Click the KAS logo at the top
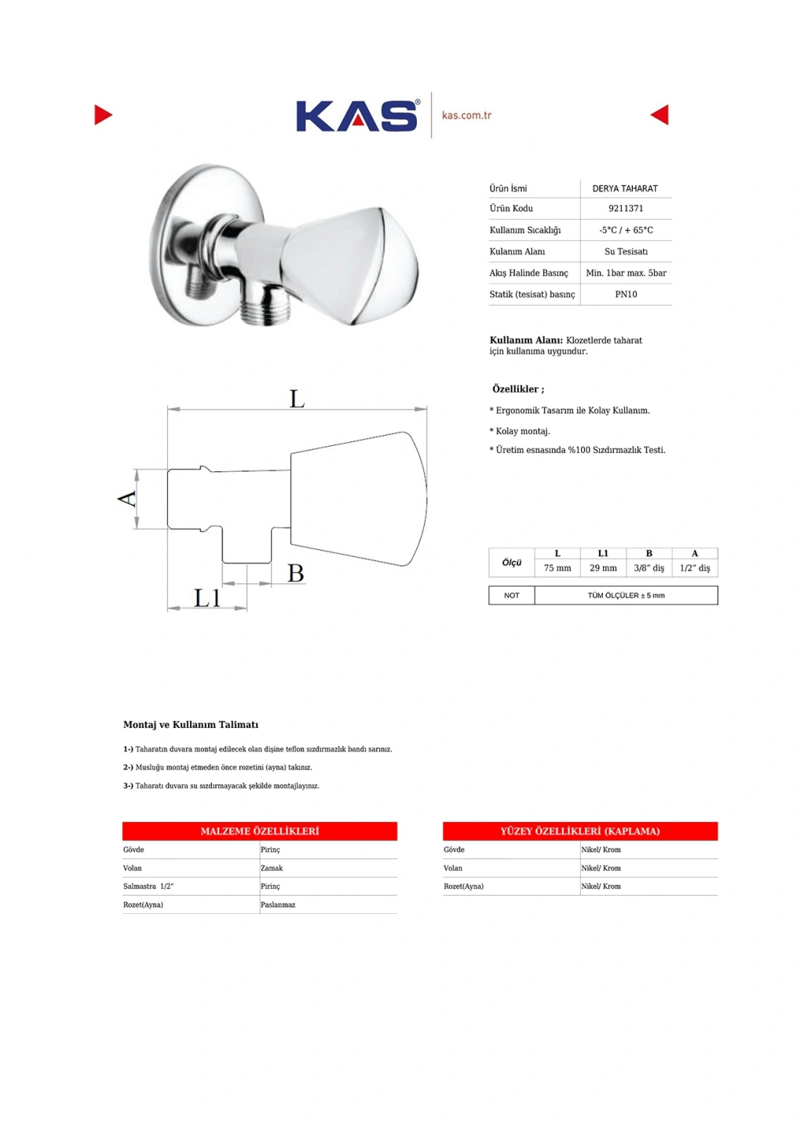point(356,116)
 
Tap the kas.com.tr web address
point(466,115)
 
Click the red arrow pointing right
point(103,115)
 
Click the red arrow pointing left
point(660,115)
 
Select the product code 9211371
point(626,209)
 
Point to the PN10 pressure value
point(626,294)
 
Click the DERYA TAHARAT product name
point(625,188)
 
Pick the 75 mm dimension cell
point(557,568)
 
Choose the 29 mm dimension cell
point(603,568)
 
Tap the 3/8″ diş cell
point(649,568)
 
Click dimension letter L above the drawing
point(297,399)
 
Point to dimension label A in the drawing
point(127,498)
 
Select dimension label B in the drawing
point(295,573)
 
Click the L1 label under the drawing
point(207,598)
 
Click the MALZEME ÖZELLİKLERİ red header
point(260,831)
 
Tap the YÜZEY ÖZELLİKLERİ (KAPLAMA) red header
point(580,831)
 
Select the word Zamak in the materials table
point(272,868)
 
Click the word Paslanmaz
point(278,905)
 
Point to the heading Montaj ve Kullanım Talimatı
point(191,725)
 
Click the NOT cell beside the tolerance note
point(511,595)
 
